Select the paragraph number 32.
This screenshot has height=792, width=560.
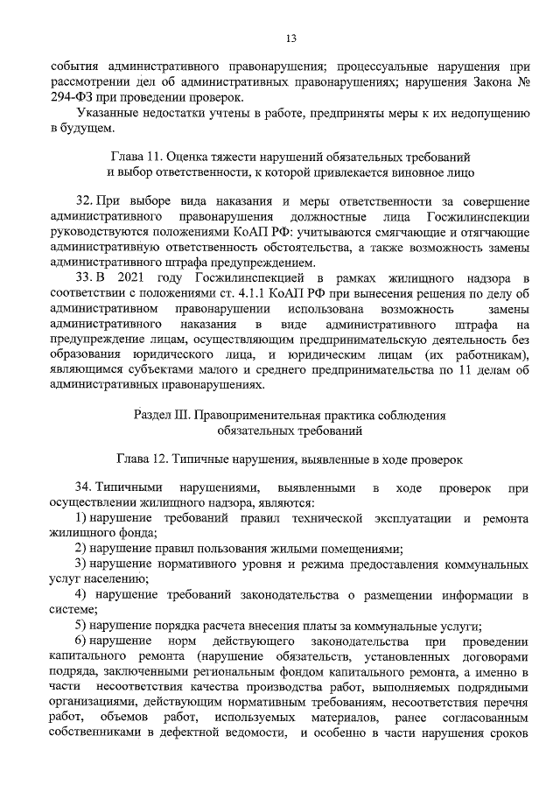tap(86, 200)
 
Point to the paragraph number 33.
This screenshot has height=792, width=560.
tap(86, 277)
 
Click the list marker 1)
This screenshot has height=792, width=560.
tap(83, 518)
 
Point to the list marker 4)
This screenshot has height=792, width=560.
tap(83, 596)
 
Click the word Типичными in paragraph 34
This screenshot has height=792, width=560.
tap(126, 486)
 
